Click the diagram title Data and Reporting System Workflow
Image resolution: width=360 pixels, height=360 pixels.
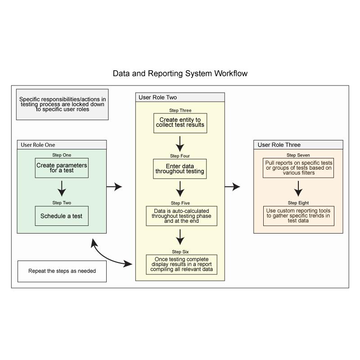tap(180, 73)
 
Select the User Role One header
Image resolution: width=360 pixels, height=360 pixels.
tap(62, 144)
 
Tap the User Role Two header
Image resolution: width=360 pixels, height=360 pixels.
tap(180, 97)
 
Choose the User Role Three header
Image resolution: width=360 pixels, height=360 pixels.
tap(298, 144)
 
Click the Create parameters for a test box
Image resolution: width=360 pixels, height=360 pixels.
tap(62, 168)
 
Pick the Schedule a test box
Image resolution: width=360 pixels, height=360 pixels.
tap(62, 216)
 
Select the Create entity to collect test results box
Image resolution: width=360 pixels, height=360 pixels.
tap(180, 123)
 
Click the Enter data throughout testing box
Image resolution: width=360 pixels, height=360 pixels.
tap(180, 169)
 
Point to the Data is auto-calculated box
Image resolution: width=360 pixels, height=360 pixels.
tap(182, 216)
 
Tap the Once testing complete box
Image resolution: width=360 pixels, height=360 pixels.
tap(182, 265)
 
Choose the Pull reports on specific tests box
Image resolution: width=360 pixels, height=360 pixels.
tap(298, 168)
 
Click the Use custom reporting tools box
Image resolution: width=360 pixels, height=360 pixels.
tap(299, 216)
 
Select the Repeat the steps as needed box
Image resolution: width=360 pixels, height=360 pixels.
tap(62, 271)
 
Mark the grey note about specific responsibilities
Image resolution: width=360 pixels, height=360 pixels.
tap(62, 104)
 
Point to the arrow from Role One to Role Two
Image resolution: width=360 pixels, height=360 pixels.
tap(114, 187)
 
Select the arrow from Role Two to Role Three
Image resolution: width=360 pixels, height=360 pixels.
tap(232, 187)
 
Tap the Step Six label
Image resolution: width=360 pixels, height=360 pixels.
tap(180, 252)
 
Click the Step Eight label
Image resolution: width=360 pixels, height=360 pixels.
tap(298, 203)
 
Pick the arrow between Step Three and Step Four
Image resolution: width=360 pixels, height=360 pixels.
tap(180, 144)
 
